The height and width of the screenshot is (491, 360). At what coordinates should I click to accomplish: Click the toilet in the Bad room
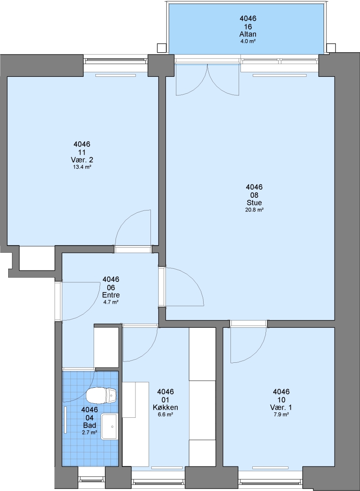click(101, 396)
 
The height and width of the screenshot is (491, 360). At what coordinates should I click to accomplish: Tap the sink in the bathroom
click(109, 426)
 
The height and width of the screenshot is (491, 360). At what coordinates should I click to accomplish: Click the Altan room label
click(248, 34)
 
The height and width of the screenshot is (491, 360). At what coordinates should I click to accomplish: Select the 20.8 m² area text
click(254, 210)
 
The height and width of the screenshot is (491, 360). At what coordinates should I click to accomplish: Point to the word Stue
click(254, 203)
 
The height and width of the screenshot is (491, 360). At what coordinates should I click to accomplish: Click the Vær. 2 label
click(82, 160)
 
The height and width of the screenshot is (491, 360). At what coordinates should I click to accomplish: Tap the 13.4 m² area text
click(82, 167)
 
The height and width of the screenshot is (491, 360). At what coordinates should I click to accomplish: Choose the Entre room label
click(111, 295)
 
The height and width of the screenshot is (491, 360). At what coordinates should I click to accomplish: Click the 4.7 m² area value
click(111, 302)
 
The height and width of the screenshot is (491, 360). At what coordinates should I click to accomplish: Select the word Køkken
click(165, 407)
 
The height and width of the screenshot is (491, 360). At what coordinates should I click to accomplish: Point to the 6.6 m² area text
click(165, 415)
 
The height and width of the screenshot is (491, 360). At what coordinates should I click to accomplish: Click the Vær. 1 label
click(281, 407)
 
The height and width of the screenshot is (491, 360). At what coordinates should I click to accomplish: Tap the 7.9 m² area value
click(281, 415)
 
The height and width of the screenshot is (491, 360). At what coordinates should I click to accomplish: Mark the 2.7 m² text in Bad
click(90, 432)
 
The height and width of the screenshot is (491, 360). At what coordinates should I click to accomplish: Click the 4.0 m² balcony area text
click(248, 41)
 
